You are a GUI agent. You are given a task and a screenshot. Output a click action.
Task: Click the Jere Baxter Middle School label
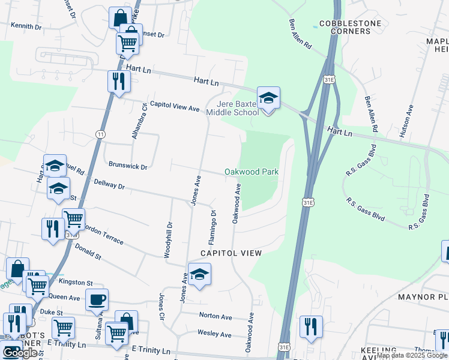point(233,107)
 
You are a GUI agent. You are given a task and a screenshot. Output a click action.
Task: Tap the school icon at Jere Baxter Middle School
point(268,98)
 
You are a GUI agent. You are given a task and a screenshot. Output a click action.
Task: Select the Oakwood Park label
point(252,172)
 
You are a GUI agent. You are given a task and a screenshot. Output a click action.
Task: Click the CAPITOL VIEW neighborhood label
point(231,253)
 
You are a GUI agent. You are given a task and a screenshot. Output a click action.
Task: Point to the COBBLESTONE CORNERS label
point(350,28)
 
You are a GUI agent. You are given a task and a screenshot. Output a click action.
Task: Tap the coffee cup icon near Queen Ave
point(97,300)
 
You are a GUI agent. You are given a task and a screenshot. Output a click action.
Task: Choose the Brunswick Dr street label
point(128,164)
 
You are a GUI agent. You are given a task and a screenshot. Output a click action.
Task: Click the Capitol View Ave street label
point(174,106)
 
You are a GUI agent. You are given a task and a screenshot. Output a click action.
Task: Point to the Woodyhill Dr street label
point(169,240)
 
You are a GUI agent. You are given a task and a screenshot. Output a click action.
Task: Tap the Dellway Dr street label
point(109,187)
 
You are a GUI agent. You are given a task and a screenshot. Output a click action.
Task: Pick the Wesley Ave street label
point(214,334)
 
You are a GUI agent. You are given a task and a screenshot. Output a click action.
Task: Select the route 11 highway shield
point(100,134)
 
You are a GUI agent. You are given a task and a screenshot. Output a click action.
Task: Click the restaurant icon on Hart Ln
point(119,82)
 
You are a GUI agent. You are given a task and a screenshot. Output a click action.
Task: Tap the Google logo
point(20,353)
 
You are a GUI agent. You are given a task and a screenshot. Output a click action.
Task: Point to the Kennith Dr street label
point(26,27)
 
